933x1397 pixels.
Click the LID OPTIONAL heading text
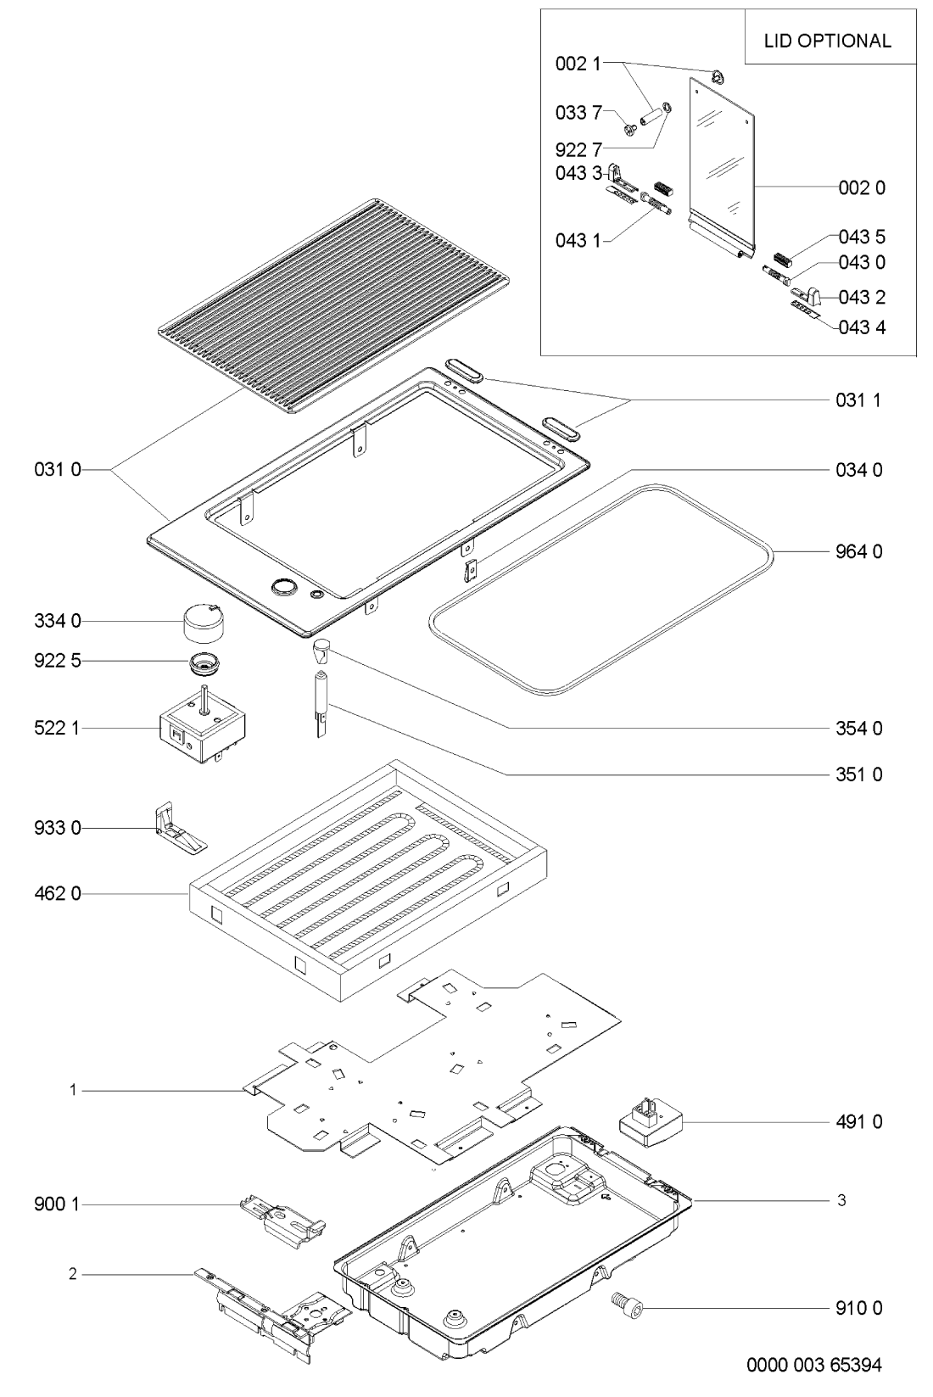point(827,42)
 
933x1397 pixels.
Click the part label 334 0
point(58,621)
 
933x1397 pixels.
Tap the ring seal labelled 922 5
point(206,663)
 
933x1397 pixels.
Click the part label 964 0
point(859,551)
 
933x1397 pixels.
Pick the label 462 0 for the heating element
point(58,894)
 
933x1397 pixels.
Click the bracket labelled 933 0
point(179,829)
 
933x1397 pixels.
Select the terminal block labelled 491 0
point(651,1123)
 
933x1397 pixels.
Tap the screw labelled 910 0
point(627,1308)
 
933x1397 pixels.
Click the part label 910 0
point(859,1308)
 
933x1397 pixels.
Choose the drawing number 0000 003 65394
point(814,1365)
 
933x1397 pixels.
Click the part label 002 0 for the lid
point(862,187)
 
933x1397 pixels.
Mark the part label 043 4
point(862,327)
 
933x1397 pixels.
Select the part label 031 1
point(858,400)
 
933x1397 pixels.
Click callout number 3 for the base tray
point(841,1199)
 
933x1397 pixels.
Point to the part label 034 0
point(859,470)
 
